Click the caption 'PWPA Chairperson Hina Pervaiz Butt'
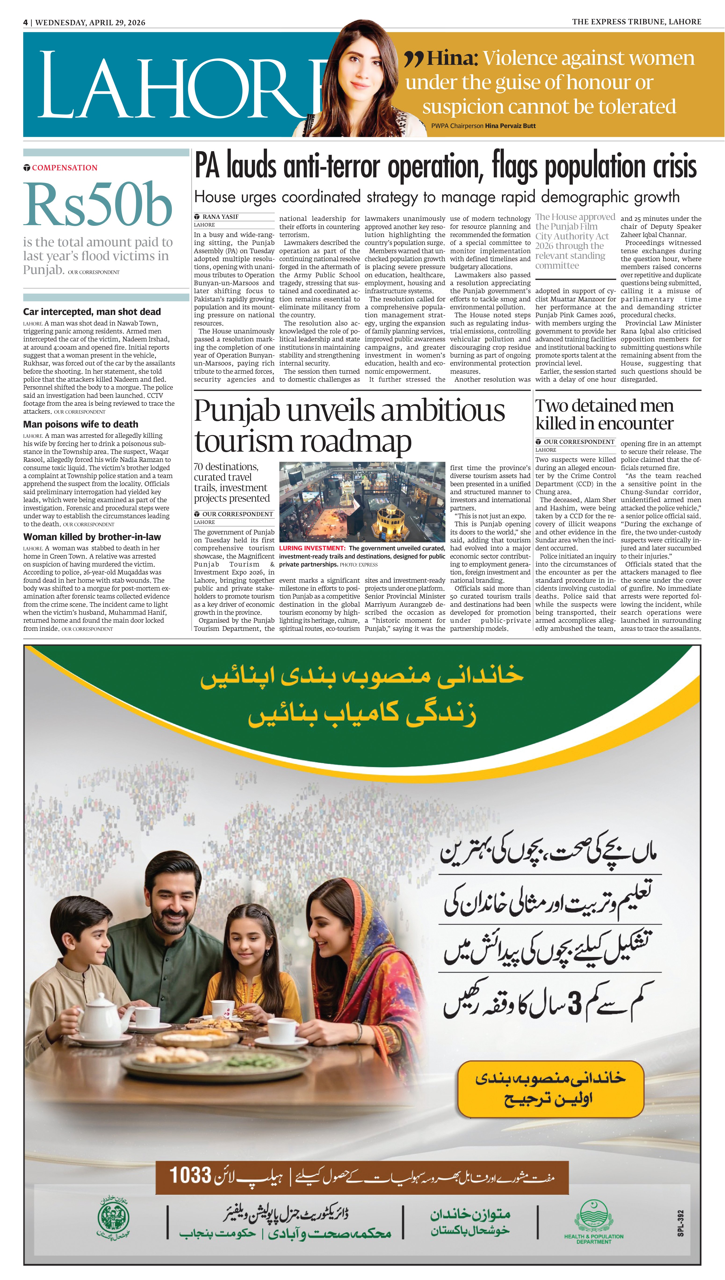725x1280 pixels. [483, 126]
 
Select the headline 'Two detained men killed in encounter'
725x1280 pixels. [604, 415]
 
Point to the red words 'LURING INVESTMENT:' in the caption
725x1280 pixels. [312, 548]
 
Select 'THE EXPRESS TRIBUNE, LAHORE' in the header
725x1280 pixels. [636, 22]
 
